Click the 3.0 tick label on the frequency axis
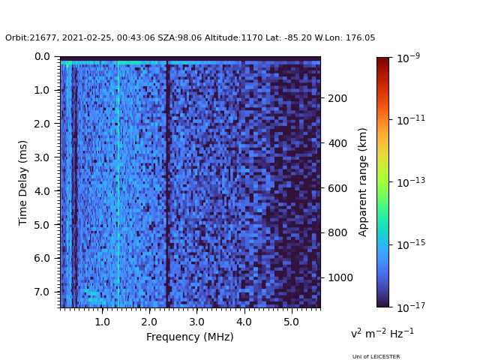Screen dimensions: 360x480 (x=196, y=322)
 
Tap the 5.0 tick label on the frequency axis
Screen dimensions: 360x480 (x=290, y=322)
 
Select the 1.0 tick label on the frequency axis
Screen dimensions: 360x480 (x=101, y=322)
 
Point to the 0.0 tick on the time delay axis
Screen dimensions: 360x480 (x=42, y=56)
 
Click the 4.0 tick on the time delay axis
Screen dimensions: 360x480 (x=42, y=191)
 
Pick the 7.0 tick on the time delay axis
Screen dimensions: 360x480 (x=42, y=292)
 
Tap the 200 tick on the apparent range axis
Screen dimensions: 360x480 (x=337, y=98)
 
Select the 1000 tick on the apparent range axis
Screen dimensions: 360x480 (x=339, y=277)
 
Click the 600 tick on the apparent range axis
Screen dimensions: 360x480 (x=337, y=188)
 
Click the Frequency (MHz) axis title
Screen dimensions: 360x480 (x=190, y=337)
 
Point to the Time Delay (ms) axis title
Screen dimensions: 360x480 (x=23, y=182)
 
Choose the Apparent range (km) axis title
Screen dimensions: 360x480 (x=363, y=181)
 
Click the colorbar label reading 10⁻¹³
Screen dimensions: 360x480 (x=411, y=181)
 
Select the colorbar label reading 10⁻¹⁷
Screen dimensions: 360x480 (x=411, y=307)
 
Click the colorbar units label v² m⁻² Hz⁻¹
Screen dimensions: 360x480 (x=382, y=333)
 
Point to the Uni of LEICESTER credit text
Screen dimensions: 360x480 (x=376, y=357)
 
